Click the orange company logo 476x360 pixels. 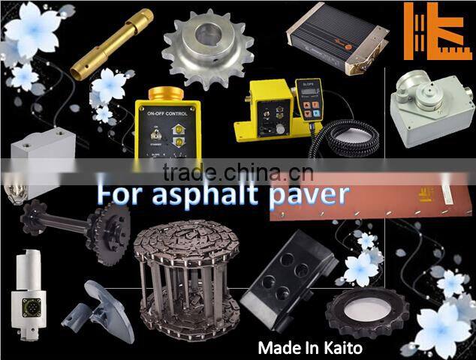click(x=436, y=31)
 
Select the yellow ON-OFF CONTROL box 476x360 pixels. click(x=170, y=131)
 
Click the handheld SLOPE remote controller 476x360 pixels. click(x=309, y=100)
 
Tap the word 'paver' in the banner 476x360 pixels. click(x=309, y=194)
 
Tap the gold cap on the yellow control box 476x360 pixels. click(x=170, y=96)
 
